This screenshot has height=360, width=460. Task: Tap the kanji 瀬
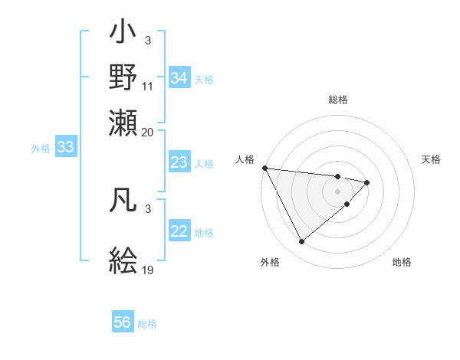pos(123,120)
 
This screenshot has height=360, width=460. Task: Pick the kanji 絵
pos(123,260)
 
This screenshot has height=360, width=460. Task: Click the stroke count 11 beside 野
pos(148,87)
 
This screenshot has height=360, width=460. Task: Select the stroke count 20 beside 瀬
pos(148,132)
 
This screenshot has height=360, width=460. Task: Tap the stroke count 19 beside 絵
pos(148,270)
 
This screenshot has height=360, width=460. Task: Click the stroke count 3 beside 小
pos(148,41)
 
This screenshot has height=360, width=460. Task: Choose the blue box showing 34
pos(179,78)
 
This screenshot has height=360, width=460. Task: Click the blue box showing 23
pos(179,162)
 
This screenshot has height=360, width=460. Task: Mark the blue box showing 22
pos(179,232)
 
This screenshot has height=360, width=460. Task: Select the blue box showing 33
pos(65,147)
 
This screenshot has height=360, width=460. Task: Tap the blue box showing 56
pos(123,322)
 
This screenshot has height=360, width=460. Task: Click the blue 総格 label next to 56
pos(147,324)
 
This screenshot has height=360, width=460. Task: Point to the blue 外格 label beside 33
pos(41,149)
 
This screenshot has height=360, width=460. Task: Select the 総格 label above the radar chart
pos(338,100)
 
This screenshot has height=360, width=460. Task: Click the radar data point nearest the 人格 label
pos(264,168)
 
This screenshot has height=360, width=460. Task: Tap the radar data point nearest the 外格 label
pos(301,242)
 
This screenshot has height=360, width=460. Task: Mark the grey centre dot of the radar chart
pos(338,190)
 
